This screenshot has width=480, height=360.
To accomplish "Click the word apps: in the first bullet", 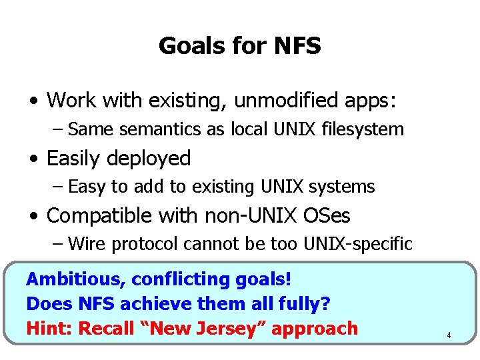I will click(x=368, y=101).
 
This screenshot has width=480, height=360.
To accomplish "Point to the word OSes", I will click(x=327, y=216).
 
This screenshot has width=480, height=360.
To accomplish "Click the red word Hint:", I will click(x=50, y=328).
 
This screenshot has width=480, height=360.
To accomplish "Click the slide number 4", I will click(x=449, y=335).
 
